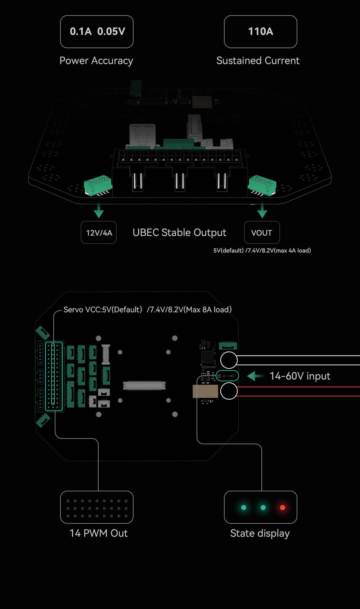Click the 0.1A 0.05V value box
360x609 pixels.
[x=97, y=32]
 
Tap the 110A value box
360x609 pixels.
[x=260, y=32]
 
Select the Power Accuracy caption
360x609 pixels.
[x=96, y=60]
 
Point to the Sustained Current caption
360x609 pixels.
[x=258, y=60]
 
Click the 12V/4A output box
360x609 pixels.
[x=99, y=233]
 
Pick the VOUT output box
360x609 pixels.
[x=262, y=233]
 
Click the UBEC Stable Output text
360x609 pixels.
[x=179, y=233]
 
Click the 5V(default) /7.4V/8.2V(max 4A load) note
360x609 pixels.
[x=262, y=251]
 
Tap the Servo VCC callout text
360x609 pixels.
[x=147, y=310]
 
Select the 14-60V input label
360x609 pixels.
[x=300, y=376]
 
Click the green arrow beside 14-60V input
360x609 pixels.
[x=255, y=376]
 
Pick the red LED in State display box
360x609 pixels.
[x=283, y=508]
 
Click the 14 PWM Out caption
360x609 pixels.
[x=98, y=533]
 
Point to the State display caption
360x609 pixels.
[x=260, y=533]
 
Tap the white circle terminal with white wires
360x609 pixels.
[x=229, y=360]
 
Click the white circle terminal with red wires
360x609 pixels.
[x=229, y=391]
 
